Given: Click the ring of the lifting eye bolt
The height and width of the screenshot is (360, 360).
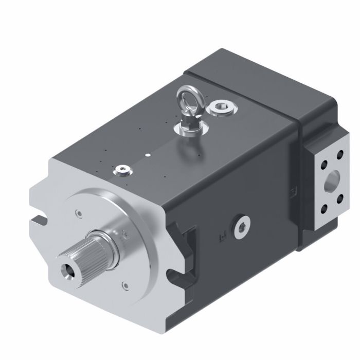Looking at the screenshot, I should (184, 96).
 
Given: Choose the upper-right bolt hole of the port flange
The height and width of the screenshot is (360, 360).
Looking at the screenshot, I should (340, 153).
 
